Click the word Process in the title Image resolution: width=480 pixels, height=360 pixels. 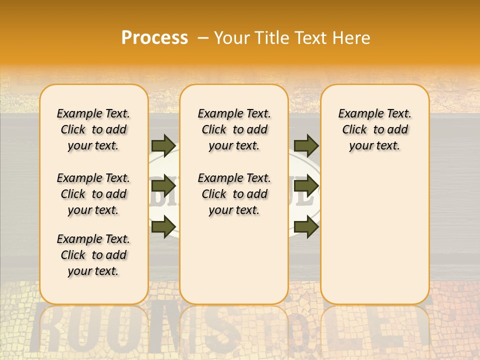coord(154,38)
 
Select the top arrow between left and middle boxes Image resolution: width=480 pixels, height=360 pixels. coord(163,145)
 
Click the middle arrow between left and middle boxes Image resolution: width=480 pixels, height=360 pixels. coord(163,186)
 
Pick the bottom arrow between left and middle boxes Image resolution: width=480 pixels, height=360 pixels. coord(163,227)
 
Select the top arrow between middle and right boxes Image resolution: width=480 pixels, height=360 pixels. coord(306,145)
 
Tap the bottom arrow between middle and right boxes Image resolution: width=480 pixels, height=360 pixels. coord(306,227)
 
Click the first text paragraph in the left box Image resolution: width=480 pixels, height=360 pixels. coord(93,129)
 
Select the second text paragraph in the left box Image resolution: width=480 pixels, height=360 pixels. coord(93,194)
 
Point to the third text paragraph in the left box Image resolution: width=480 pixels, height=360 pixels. coord(93,255)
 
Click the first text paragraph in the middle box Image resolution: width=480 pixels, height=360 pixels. coord(234,129)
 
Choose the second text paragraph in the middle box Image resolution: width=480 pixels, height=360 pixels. coord(234,194)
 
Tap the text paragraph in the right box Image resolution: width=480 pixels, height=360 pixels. coord(375,129)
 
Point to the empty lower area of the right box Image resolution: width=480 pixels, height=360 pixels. coord(375,235)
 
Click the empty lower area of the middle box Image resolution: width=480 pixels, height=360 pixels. coord(234,260)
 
